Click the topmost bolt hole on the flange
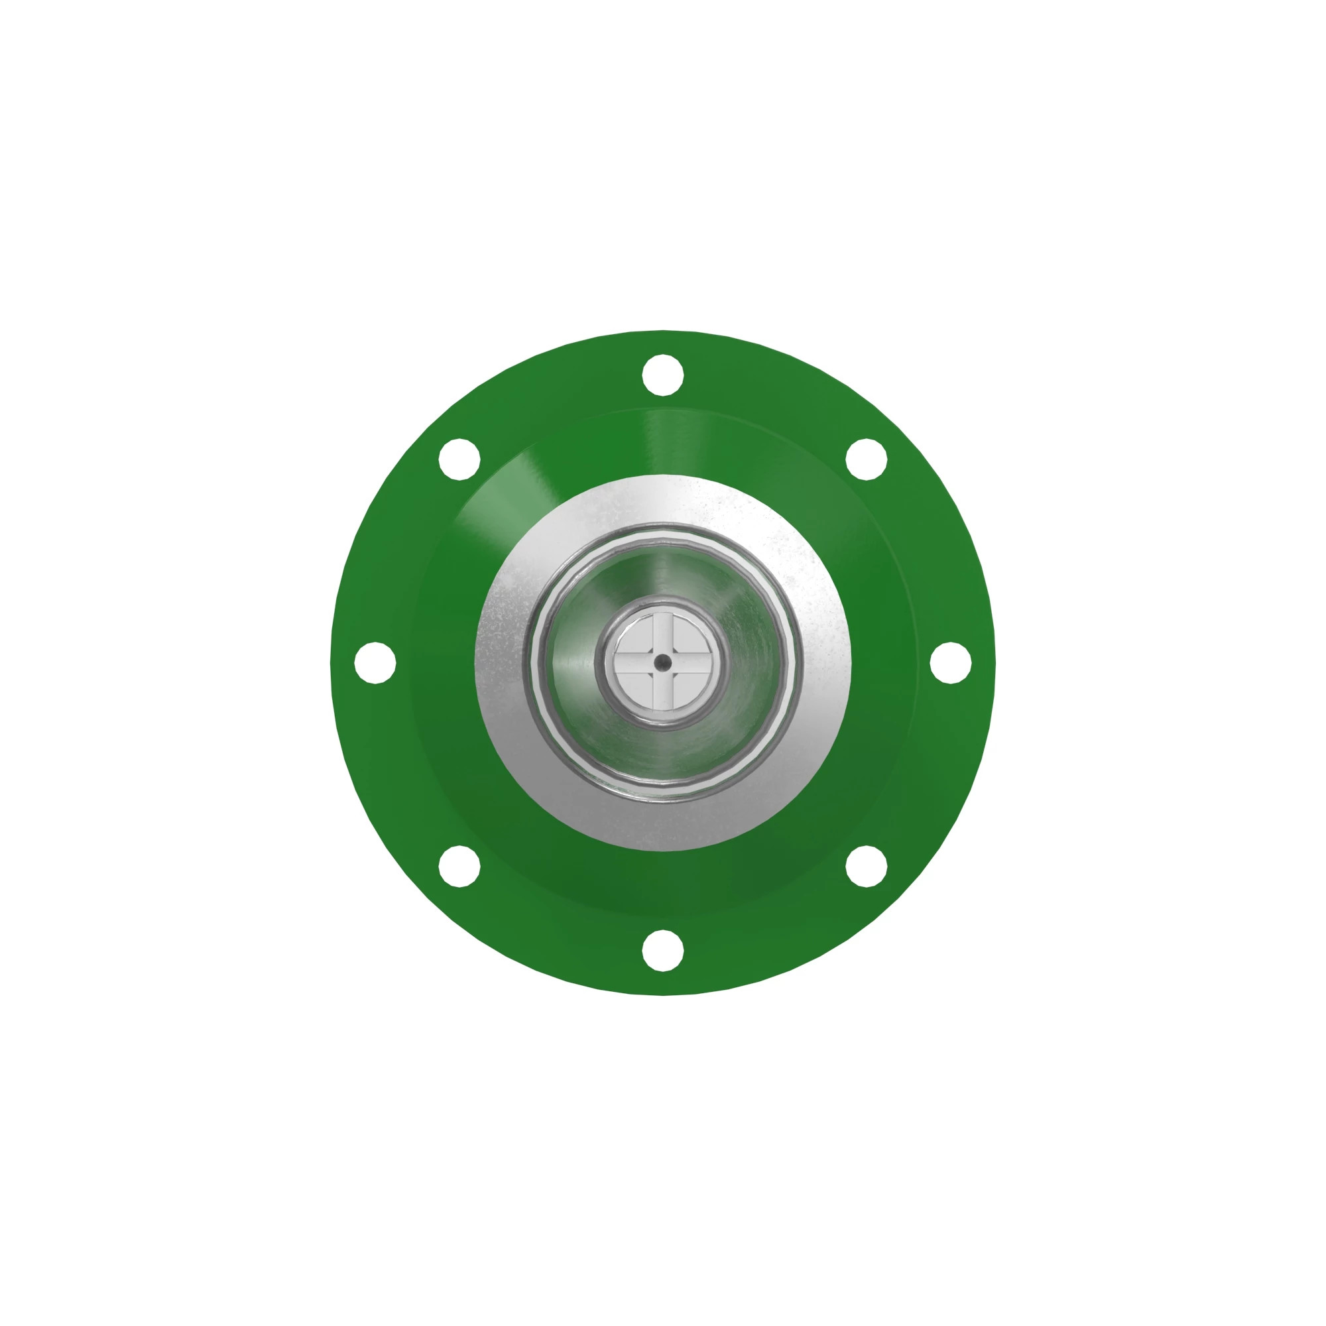click(x=662, y=375)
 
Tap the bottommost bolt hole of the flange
click(x=662, y=951)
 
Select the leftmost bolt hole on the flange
click(x=375, y=663)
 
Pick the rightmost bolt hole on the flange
click(x=950, y=663)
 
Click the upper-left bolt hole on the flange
click(x=459, y=459)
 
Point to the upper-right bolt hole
click(x=866, y=459)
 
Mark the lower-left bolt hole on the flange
click(x=459, y=866)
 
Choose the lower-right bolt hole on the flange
click(x=866, y=866)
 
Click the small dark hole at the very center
click(x=662, y=663)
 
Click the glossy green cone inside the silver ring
click(x=748, y=663)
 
